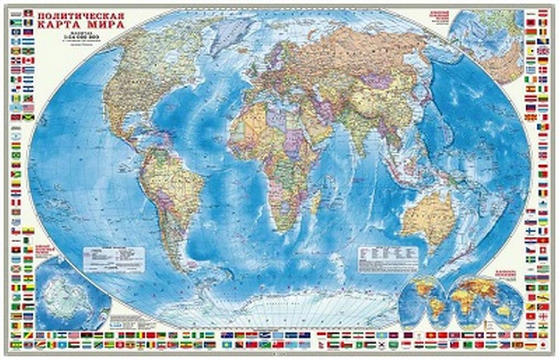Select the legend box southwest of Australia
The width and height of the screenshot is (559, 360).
click(x=388, y=257)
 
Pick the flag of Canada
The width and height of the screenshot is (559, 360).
click(x=28, y=60)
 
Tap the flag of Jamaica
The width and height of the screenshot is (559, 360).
click(x=28, y=117)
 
